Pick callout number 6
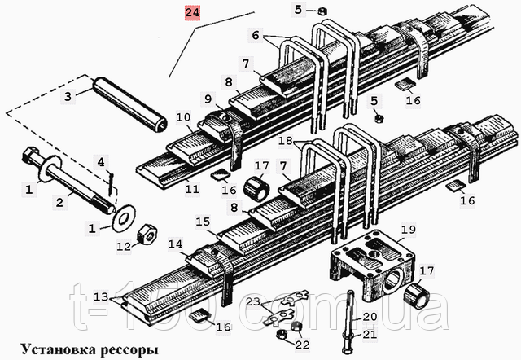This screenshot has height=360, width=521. pyautogui.click(x=256, y=35)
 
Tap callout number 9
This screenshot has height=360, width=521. pyautogui.click(x=208, y=99)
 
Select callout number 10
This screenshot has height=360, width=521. pyautogui.click(x=184, y=117)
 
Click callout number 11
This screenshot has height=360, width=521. pyautogui.click(x=191, y=188)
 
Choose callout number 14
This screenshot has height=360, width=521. pyautogui.click(x=177, y=244)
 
